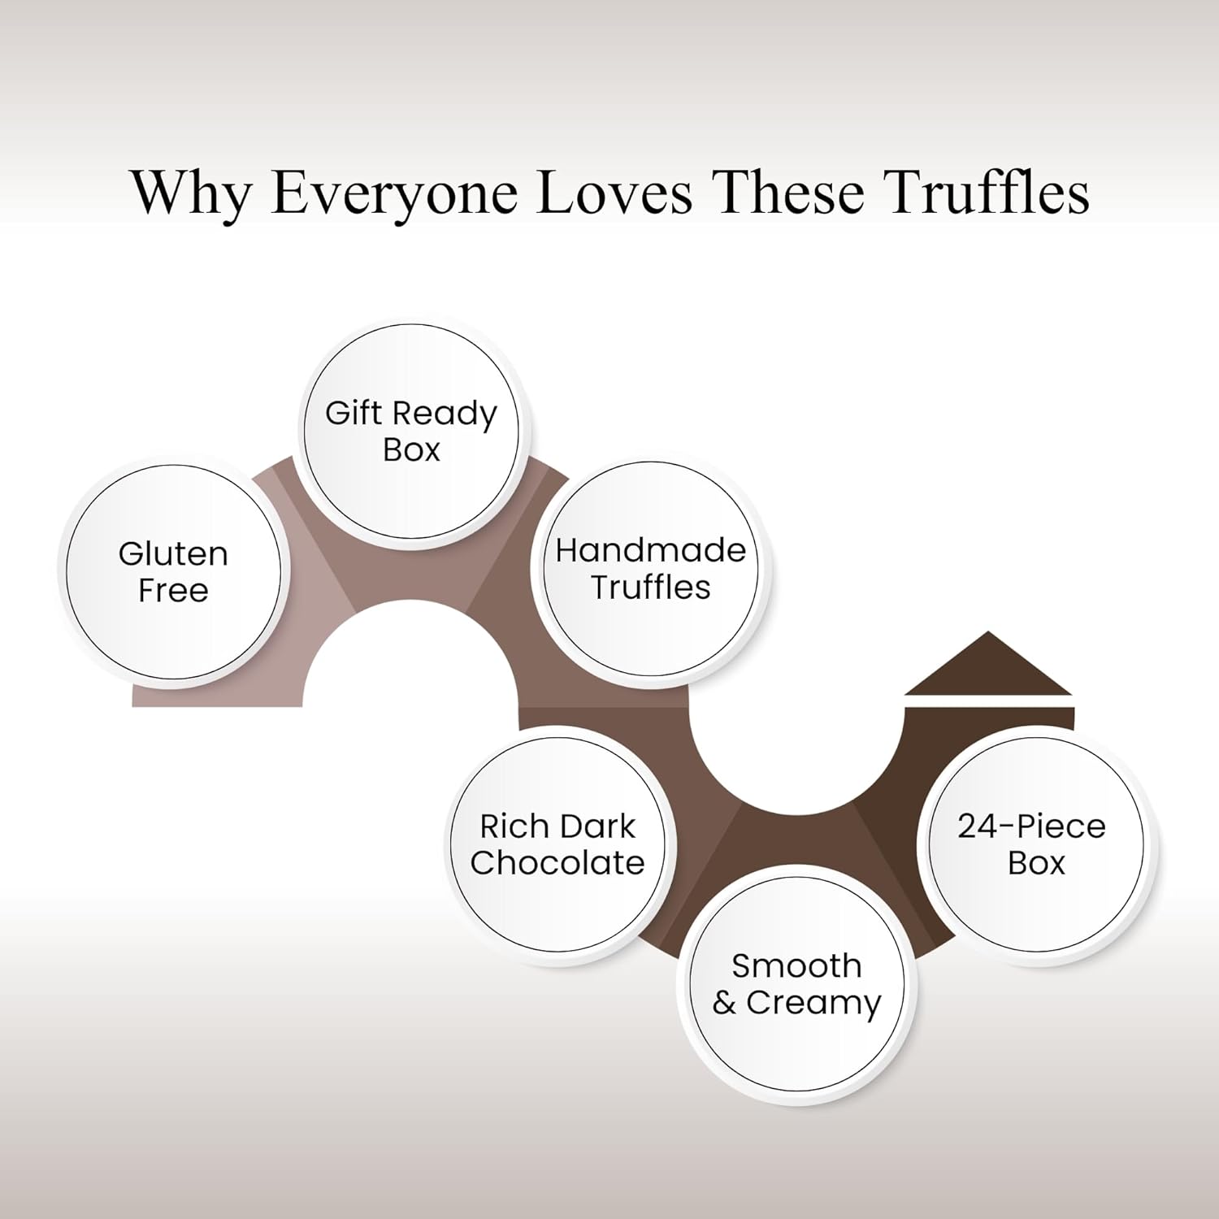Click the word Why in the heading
click(191, 193)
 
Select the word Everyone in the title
click(394, 193)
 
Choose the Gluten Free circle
click(173, 572)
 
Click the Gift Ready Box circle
click(410, 431)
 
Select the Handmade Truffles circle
click(650, 569)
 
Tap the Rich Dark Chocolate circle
click(557, 845)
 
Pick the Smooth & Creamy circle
click(796, 984)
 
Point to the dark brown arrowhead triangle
click(988, 668)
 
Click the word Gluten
click(173, 554)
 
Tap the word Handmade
click(650, 551)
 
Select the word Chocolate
click(557, 863)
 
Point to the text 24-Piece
click(1032, 826)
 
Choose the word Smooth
click(796, 966)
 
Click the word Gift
click(354, 413)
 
